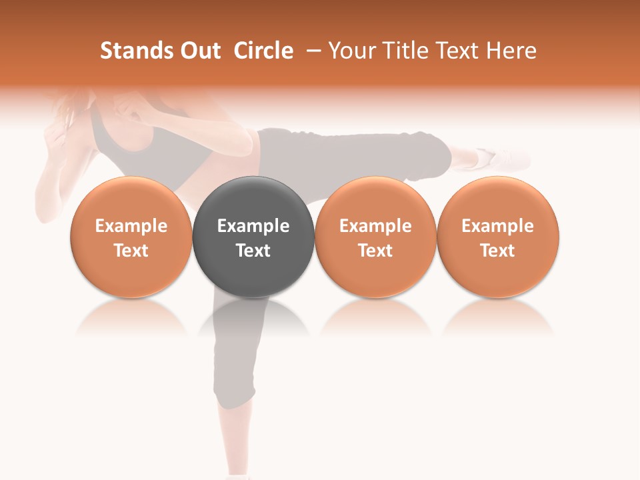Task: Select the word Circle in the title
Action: [x=263, y=51]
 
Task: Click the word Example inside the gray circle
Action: [x=253, y=226]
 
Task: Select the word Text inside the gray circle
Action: [x=253, y=251]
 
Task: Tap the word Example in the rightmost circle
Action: [x=498, y=226]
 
